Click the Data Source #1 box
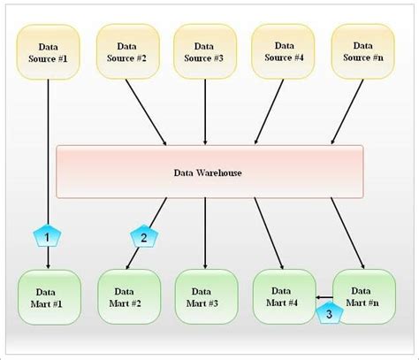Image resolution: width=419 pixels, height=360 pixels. [49, 52]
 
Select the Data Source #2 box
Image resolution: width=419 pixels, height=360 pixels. [127, 50]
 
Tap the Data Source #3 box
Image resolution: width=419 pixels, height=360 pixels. [205, 50]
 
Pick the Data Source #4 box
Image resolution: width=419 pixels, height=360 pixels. [284, 50]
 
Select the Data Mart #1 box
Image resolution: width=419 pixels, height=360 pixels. [49, 297]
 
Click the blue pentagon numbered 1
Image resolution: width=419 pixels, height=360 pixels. [47, 236]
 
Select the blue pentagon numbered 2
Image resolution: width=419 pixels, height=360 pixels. [143, 236]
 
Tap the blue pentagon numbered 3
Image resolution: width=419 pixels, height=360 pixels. [329, 311]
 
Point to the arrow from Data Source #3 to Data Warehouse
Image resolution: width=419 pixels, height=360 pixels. [205, 111]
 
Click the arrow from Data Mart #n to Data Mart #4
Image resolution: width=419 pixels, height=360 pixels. [324, 298]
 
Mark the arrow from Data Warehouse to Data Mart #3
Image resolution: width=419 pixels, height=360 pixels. [205, 232]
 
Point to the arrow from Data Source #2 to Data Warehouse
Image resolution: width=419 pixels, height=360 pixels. [146, 111]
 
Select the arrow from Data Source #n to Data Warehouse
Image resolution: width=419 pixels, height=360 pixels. [347, 111]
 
